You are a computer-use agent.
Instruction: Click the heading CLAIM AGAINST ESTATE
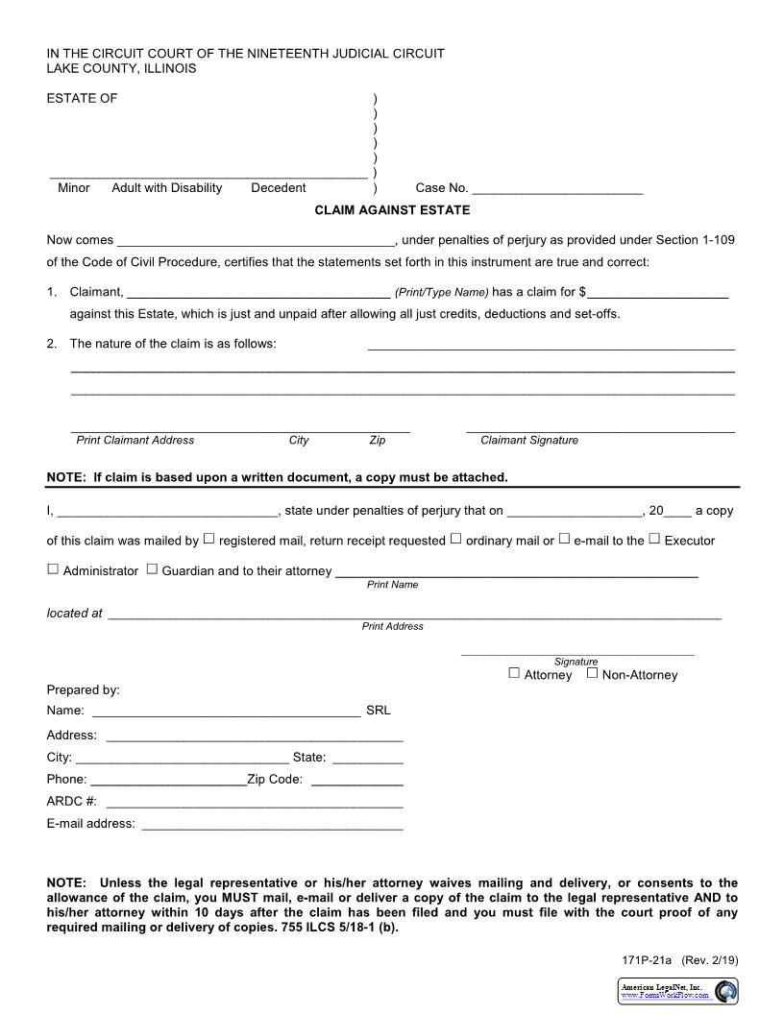click(x=392, y=210)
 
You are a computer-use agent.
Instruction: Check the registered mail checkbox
click(x=208, y=539)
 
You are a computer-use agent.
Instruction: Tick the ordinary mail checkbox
click(x=455, y=539)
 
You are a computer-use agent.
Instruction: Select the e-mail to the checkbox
click(x=564, y=539)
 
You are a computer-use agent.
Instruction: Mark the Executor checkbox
click(x=654, y=539)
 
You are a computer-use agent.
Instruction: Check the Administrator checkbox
click(x=53, y=568)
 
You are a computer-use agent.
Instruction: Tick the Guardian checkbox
click(x=152, y=568)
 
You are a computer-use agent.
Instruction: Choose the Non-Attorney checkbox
click(x=592, y=673)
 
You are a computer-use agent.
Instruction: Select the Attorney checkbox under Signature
click(x=514, y=673)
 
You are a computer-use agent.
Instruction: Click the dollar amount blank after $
click(x=658, y=293)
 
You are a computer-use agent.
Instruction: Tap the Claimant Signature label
click(x=529, y=440)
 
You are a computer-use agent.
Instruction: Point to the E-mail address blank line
click(x=272, y=825)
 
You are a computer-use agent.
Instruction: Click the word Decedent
click(x=279, y=188)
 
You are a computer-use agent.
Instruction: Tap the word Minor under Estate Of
click(x=74, y=188)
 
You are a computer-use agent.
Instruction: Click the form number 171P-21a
click(x=649, y=959)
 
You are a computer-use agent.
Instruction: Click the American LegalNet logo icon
click(x=726, y=991)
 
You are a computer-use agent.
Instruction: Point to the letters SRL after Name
click(x=379, y=712)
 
